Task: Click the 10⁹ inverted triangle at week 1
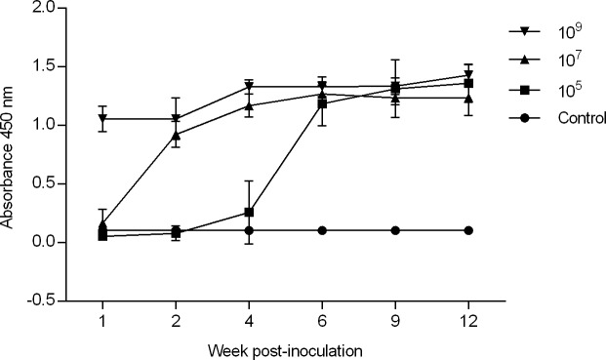point(102,119)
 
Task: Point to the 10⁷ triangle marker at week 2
point(176,135)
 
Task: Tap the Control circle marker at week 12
point(468,230)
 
